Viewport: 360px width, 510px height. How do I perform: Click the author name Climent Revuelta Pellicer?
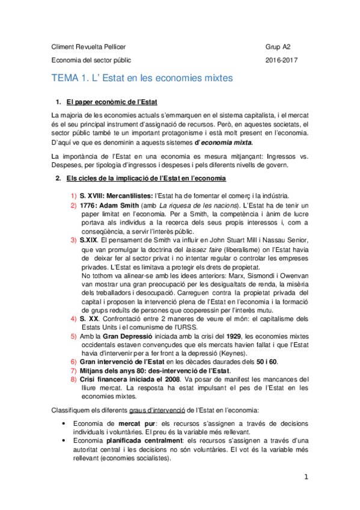click(90, 46)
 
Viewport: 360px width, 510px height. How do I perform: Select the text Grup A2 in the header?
click(278, 46)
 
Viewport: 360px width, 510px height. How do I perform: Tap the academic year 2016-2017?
click(281, 60)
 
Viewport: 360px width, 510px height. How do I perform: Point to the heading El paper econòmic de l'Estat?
click(112, 100)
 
